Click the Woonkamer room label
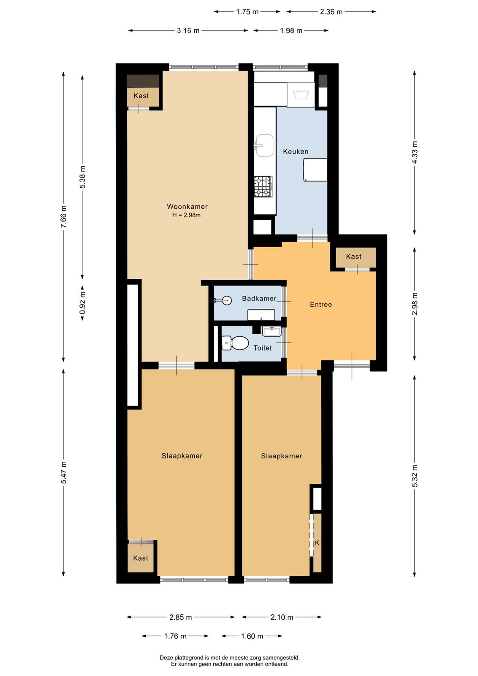tap(187, 207)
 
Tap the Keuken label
tap(296, 152)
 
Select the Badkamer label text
tap(259, 298)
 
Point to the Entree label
tap(321, 305)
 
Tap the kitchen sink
tap(264, 145)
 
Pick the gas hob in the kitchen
tap(263, 186)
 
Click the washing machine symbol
tap(300, 95)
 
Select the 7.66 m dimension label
tap(63, 217)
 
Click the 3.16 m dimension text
tap(188, 30)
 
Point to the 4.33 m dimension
tap(415, 152)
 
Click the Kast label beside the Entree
tap(353, 256)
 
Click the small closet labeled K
tap(317, 543)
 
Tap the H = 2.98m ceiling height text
tap(186, 215)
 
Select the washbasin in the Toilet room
tap(272, 331)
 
